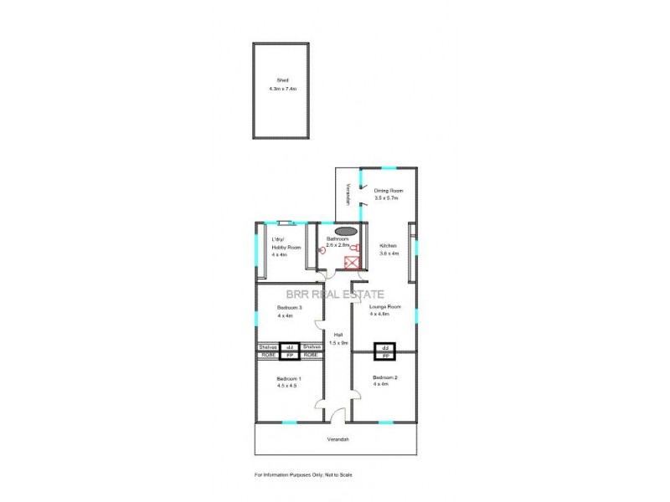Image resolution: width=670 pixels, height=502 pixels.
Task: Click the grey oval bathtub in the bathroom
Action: pos(345,232)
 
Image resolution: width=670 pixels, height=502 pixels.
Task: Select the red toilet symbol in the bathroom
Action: pos(357,247)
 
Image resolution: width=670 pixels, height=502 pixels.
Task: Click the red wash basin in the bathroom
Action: pos(323,250)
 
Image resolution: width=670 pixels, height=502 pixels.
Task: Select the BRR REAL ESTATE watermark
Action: pos(335,294)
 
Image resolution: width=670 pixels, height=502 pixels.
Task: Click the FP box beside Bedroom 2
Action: pos(385,355)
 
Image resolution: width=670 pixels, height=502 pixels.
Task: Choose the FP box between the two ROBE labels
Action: pos(290,355)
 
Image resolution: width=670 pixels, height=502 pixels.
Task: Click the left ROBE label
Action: pos(268,355)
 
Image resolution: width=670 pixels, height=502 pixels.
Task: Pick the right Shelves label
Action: pos(312,346)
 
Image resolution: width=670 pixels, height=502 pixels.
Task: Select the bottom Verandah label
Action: pos(338,440)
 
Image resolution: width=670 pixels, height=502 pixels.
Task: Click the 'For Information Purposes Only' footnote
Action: pos(304,474)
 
